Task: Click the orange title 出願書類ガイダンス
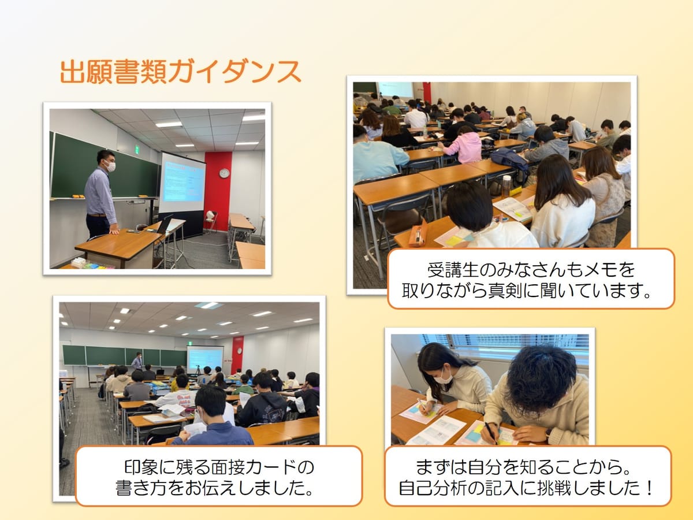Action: point(180,72)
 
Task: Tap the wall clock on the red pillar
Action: point(224,173)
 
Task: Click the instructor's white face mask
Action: point(110,166)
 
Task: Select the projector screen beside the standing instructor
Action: point(181,183)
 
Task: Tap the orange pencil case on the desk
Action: point(418,233)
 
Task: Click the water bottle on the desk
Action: point(506,186)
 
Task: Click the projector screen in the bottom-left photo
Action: point(205,359)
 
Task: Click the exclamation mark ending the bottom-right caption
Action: point(649,488)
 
